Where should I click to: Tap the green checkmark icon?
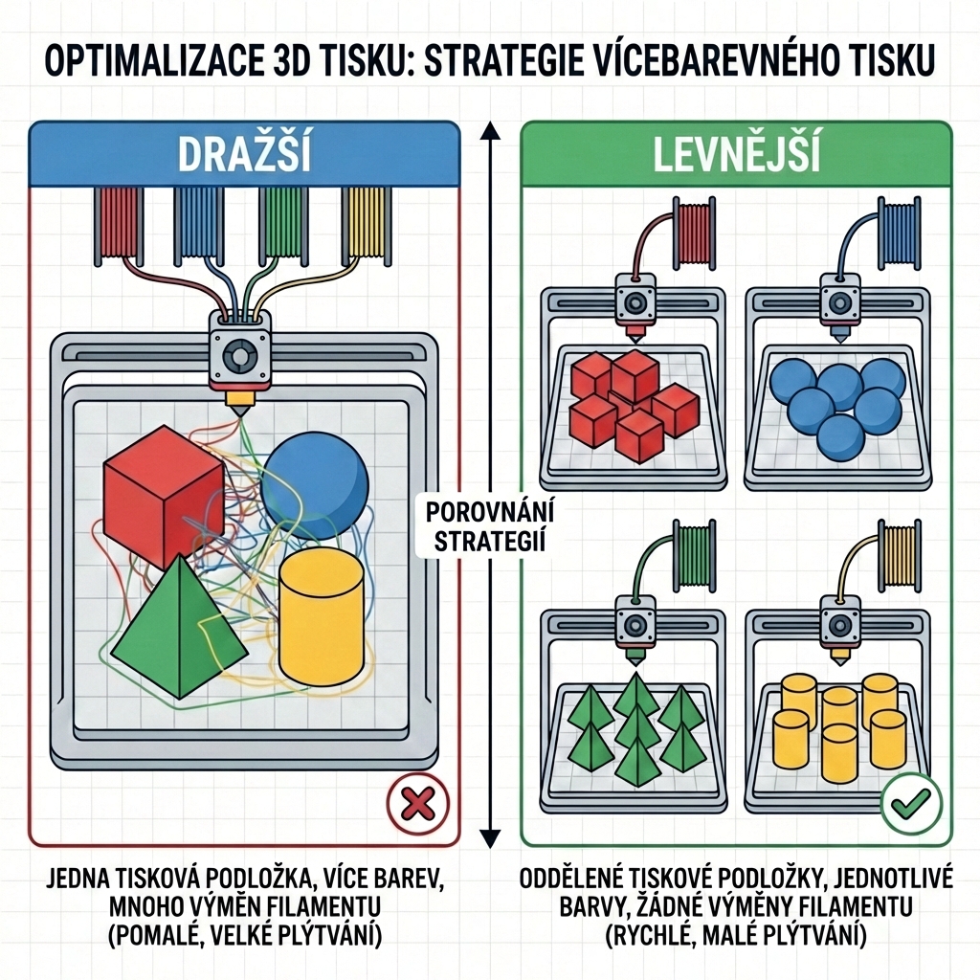click(x=908, y=805)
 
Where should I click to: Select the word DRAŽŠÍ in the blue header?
click(x=245, y=154)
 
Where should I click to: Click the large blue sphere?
click(x=315, y=477)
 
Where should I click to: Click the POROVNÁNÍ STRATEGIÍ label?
click(x=490, y=525)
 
